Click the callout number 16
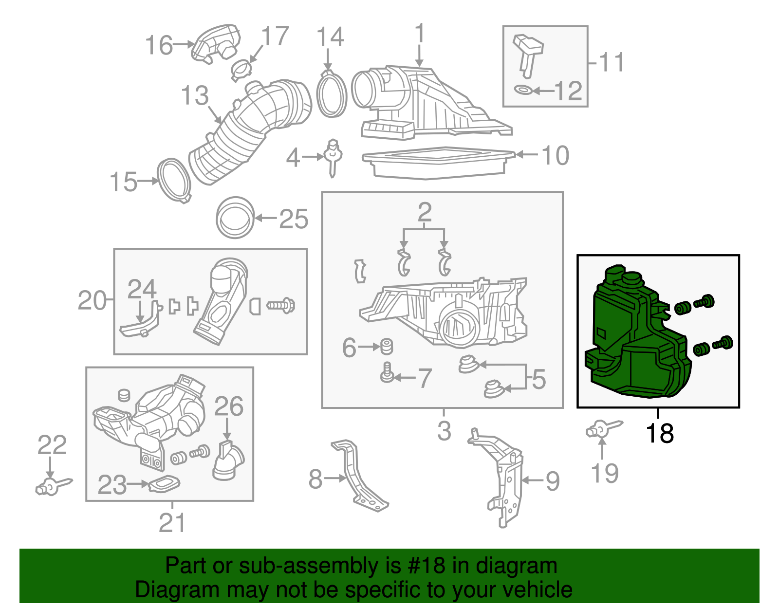[x=159, y=45]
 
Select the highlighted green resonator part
[x=633, y=341]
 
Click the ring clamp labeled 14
[x=332, y=94]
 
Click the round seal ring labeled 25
[x=236, y=218]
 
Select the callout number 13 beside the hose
[x=195, y=96]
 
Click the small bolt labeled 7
[x=387, y=373]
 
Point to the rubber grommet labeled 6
[x=387, y=346]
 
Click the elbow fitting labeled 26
[x=227, y=461]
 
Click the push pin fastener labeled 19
[x=603, y=429]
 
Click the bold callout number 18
[x=659, y=433]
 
